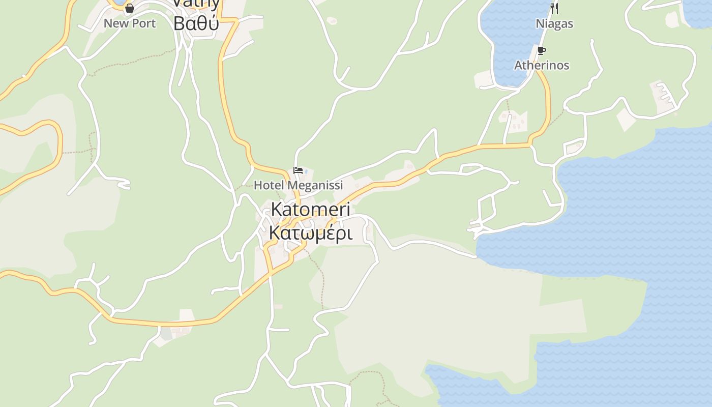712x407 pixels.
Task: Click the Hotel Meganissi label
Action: click(x=298, y=185)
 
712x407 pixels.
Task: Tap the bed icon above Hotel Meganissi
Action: click(x=298, y=170)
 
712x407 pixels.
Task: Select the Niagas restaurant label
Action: click(x=554, y=24)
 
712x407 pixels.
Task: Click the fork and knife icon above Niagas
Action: click(x=554, y=8)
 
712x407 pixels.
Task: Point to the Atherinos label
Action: click(x=542, y=66)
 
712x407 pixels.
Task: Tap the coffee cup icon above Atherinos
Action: click(x=542, y=50)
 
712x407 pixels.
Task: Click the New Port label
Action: click(x=130, y=23)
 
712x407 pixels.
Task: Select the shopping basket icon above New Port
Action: click(x=130, y=8)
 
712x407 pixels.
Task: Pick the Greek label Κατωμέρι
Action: click(x=310, y=233)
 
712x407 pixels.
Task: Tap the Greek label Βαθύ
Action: click(x=196, y=23)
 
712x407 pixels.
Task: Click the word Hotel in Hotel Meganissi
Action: click(x=268, y=185)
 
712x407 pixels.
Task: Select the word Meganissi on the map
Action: click(x=313, y=185)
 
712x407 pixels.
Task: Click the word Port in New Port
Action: click(x=144, y=23)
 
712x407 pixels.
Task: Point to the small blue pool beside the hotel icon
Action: click(x=306, y=171)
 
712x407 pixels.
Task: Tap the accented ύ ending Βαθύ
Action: click(x=214, y=23)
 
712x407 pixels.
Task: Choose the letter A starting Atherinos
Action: click(x=518, y=66)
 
